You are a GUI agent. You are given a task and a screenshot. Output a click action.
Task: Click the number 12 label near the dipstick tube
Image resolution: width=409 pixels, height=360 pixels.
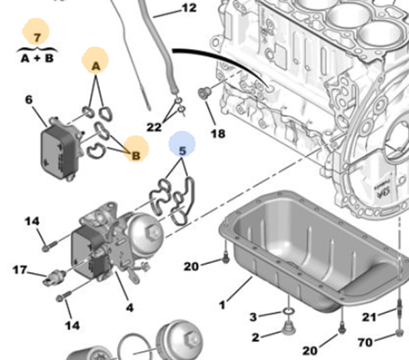(189, 8)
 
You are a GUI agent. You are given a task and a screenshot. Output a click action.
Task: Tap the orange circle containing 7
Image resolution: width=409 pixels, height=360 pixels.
(37, 33)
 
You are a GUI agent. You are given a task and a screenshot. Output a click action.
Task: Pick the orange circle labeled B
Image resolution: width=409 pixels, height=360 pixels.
(136, 155)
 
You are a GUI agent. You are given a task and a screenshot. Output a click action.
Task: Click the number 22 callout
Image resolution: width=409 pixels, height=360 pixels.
(154, 127)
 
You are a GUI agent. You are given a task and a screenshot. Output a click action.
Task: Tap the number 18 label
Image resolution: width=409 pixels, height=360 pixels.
(217, 134)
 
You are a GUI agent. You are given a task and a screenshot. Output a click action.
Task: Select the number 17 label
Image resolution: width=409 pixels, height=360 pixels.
(20, 270)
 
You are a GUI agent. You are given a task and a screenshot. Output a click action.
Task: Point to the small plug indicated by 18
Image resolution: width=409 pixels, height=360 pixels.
(203, 92)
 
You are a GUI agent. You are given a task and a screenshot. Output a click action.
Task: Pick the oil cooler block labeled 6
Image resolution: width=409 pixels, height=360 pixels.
(57, 145)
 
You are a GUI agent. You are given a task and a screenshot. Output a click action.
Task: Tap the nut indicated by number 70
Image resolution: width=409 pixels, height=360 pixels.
(399, 333)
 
